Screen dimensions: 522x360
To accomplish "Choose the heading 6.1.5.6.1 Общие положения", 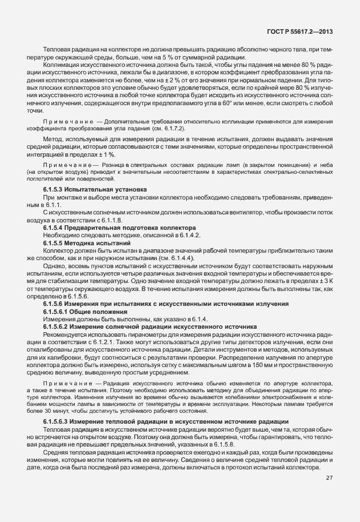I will click(85, 311).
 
